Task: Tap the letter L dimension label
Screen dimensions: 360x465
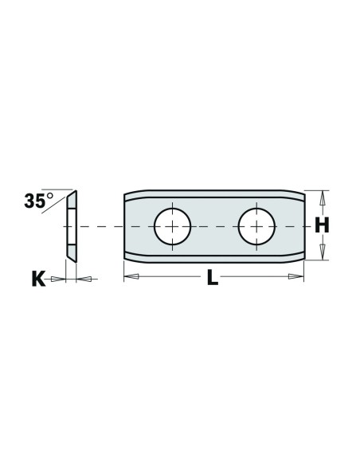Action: coord(213,278)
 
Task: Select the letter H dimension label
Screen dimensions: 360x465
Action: coord(322,225)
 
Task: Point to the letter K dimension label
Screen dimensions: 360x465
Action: coord(38,279)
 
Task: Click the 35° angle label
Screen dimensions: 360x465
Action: coord(38,201)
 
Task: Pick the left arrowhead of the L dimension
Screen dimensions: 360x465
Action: coord(131,276)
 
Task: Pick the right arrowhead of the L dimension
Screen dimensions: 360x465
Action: coord(296,276)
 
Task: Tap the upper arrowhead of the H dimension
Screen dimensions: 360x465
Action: coord(323,197)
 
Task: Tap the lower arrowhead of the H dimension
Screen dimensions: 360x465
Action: coord(323,252)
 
